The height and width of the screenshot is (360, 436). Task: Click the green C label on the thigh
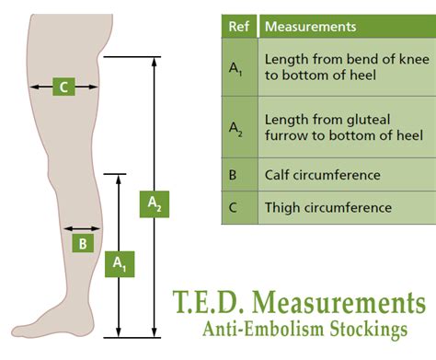coord(63,87)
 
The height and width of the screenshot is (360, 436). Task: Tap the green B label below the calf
coord(82,244)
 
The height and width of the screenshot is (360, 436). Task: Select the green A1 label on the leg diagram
coord(119,263)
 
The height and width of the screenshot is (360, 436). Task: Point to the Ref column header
coord(237,27)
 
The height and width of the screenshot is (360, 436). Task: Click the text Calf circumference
coord(322,174)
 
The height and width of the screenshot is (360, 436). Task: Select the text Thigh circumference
coord(327,207)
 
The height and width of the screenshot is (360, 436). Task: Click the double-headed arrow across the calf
coord(82,227)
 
